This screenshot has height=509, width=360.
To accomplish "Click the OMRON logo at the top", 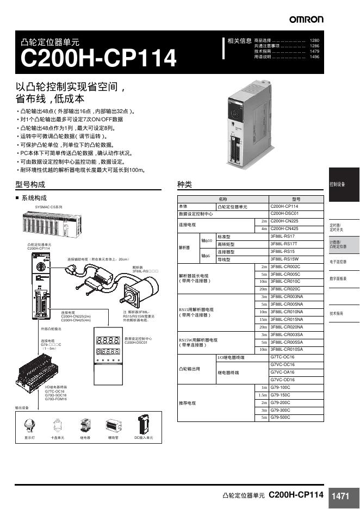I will pyautogui.click(x=306, y=20).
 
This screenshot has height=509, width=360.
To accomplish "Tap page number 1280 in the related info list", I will pyautogui.click(x=314, y=41).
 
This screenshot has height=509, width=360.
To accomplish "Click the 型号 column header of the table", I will pyautogui.click(x=296, y=199).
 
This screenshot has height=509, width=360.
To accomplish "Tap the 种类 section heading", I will pyautogui.click(x=185, y=184).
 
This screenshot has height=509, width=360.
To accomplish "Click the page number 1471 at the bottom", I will pyautogui.click(x=340, y=496).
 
